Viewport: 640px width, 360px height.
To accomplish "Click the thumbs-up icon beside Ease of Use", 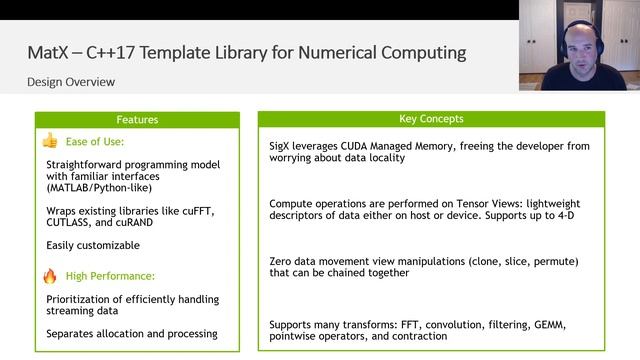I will coord(49,141).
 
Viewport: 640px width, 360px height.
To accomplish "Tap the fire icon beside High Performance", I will coord(49,275).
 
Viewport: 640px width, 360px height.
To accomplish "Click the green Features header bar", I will coord(138,120).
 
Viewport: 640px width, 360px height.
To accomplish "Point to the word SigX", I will coord(281,146).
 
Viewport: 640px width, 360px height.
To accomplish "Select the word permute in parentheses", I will coord(552,261).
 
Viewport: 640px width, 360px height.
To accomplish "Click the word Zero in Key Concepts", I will coord(281,261).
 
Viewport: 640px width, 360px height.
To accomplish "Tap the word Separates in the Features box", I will coord(74,334).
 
